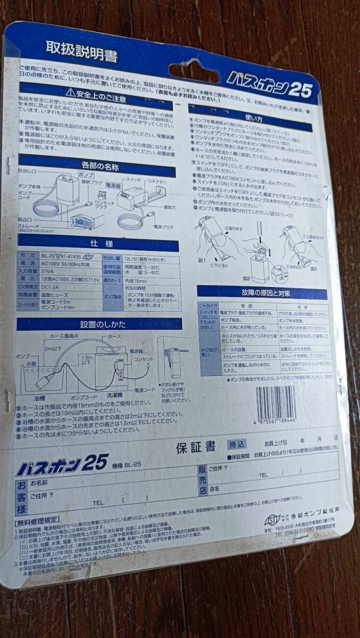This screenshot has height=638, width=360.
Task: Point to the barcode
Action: [276, 405]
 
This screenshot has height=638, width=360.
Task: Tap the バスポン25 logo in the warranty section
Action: [63, 465]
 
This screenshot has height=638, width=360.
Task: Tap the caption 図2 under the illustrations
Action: [246, 278]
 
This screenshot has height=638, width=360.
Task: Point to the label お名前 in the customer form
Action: [39, 483]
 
